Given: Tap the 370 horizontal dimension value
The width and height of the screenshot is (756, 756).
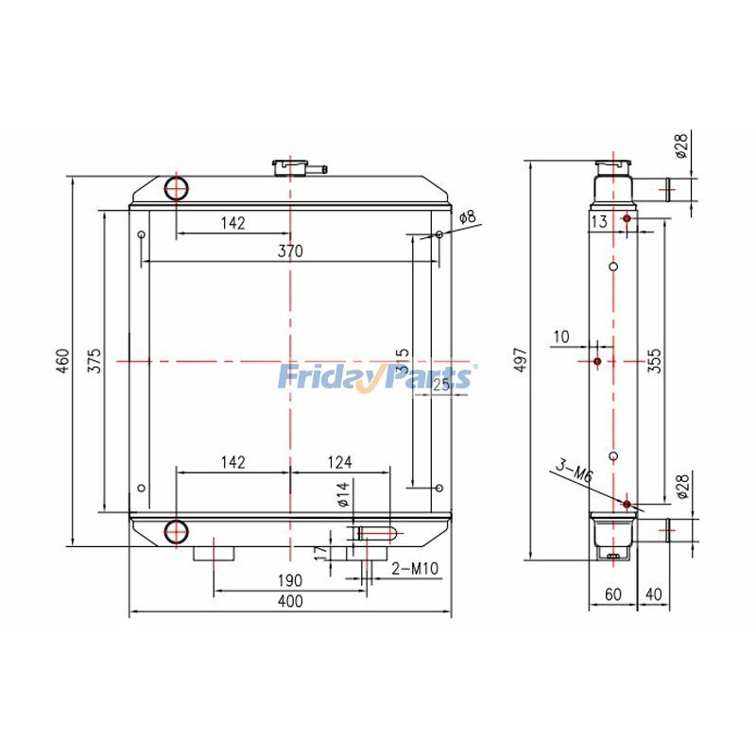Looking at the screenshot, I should coord(290,250).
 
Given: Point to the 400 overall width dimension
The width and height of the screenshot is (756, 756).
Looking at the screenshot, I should coord(290,602).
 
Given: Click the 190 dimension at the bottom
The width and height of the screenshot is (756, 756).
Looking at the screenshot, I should coord(290,579).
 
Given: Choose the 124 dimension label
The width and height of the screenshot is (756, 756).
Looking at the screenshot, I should coord(340,462).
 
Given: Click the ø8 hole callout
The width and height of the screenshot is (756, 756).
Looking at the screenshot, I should coord(468,218).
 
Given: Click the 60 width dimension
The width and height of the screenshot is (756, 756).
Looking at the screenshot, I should coord(613,594).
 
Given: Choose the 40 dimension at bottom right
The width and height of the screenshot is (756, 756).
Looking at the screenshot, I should coord(654,594).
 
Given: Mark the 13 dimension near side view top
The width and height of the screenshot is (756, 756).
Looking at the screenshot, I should coord(598,221).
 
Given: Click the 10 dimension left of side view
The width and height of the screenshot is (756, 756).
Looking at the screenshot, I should coord(561,336).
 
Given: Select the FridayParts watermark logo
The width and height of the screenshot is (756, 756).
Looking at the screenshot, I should coord(376,377).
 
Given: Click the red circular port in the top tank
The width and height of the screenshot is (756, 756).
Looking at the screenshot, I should coord(177,188).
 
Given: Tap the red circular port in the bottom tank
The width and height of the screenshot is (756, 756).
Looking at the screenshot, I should coord(177,532).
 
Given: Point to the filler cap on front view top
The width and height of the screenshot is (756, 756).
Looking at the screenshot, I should coord(291,167).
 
